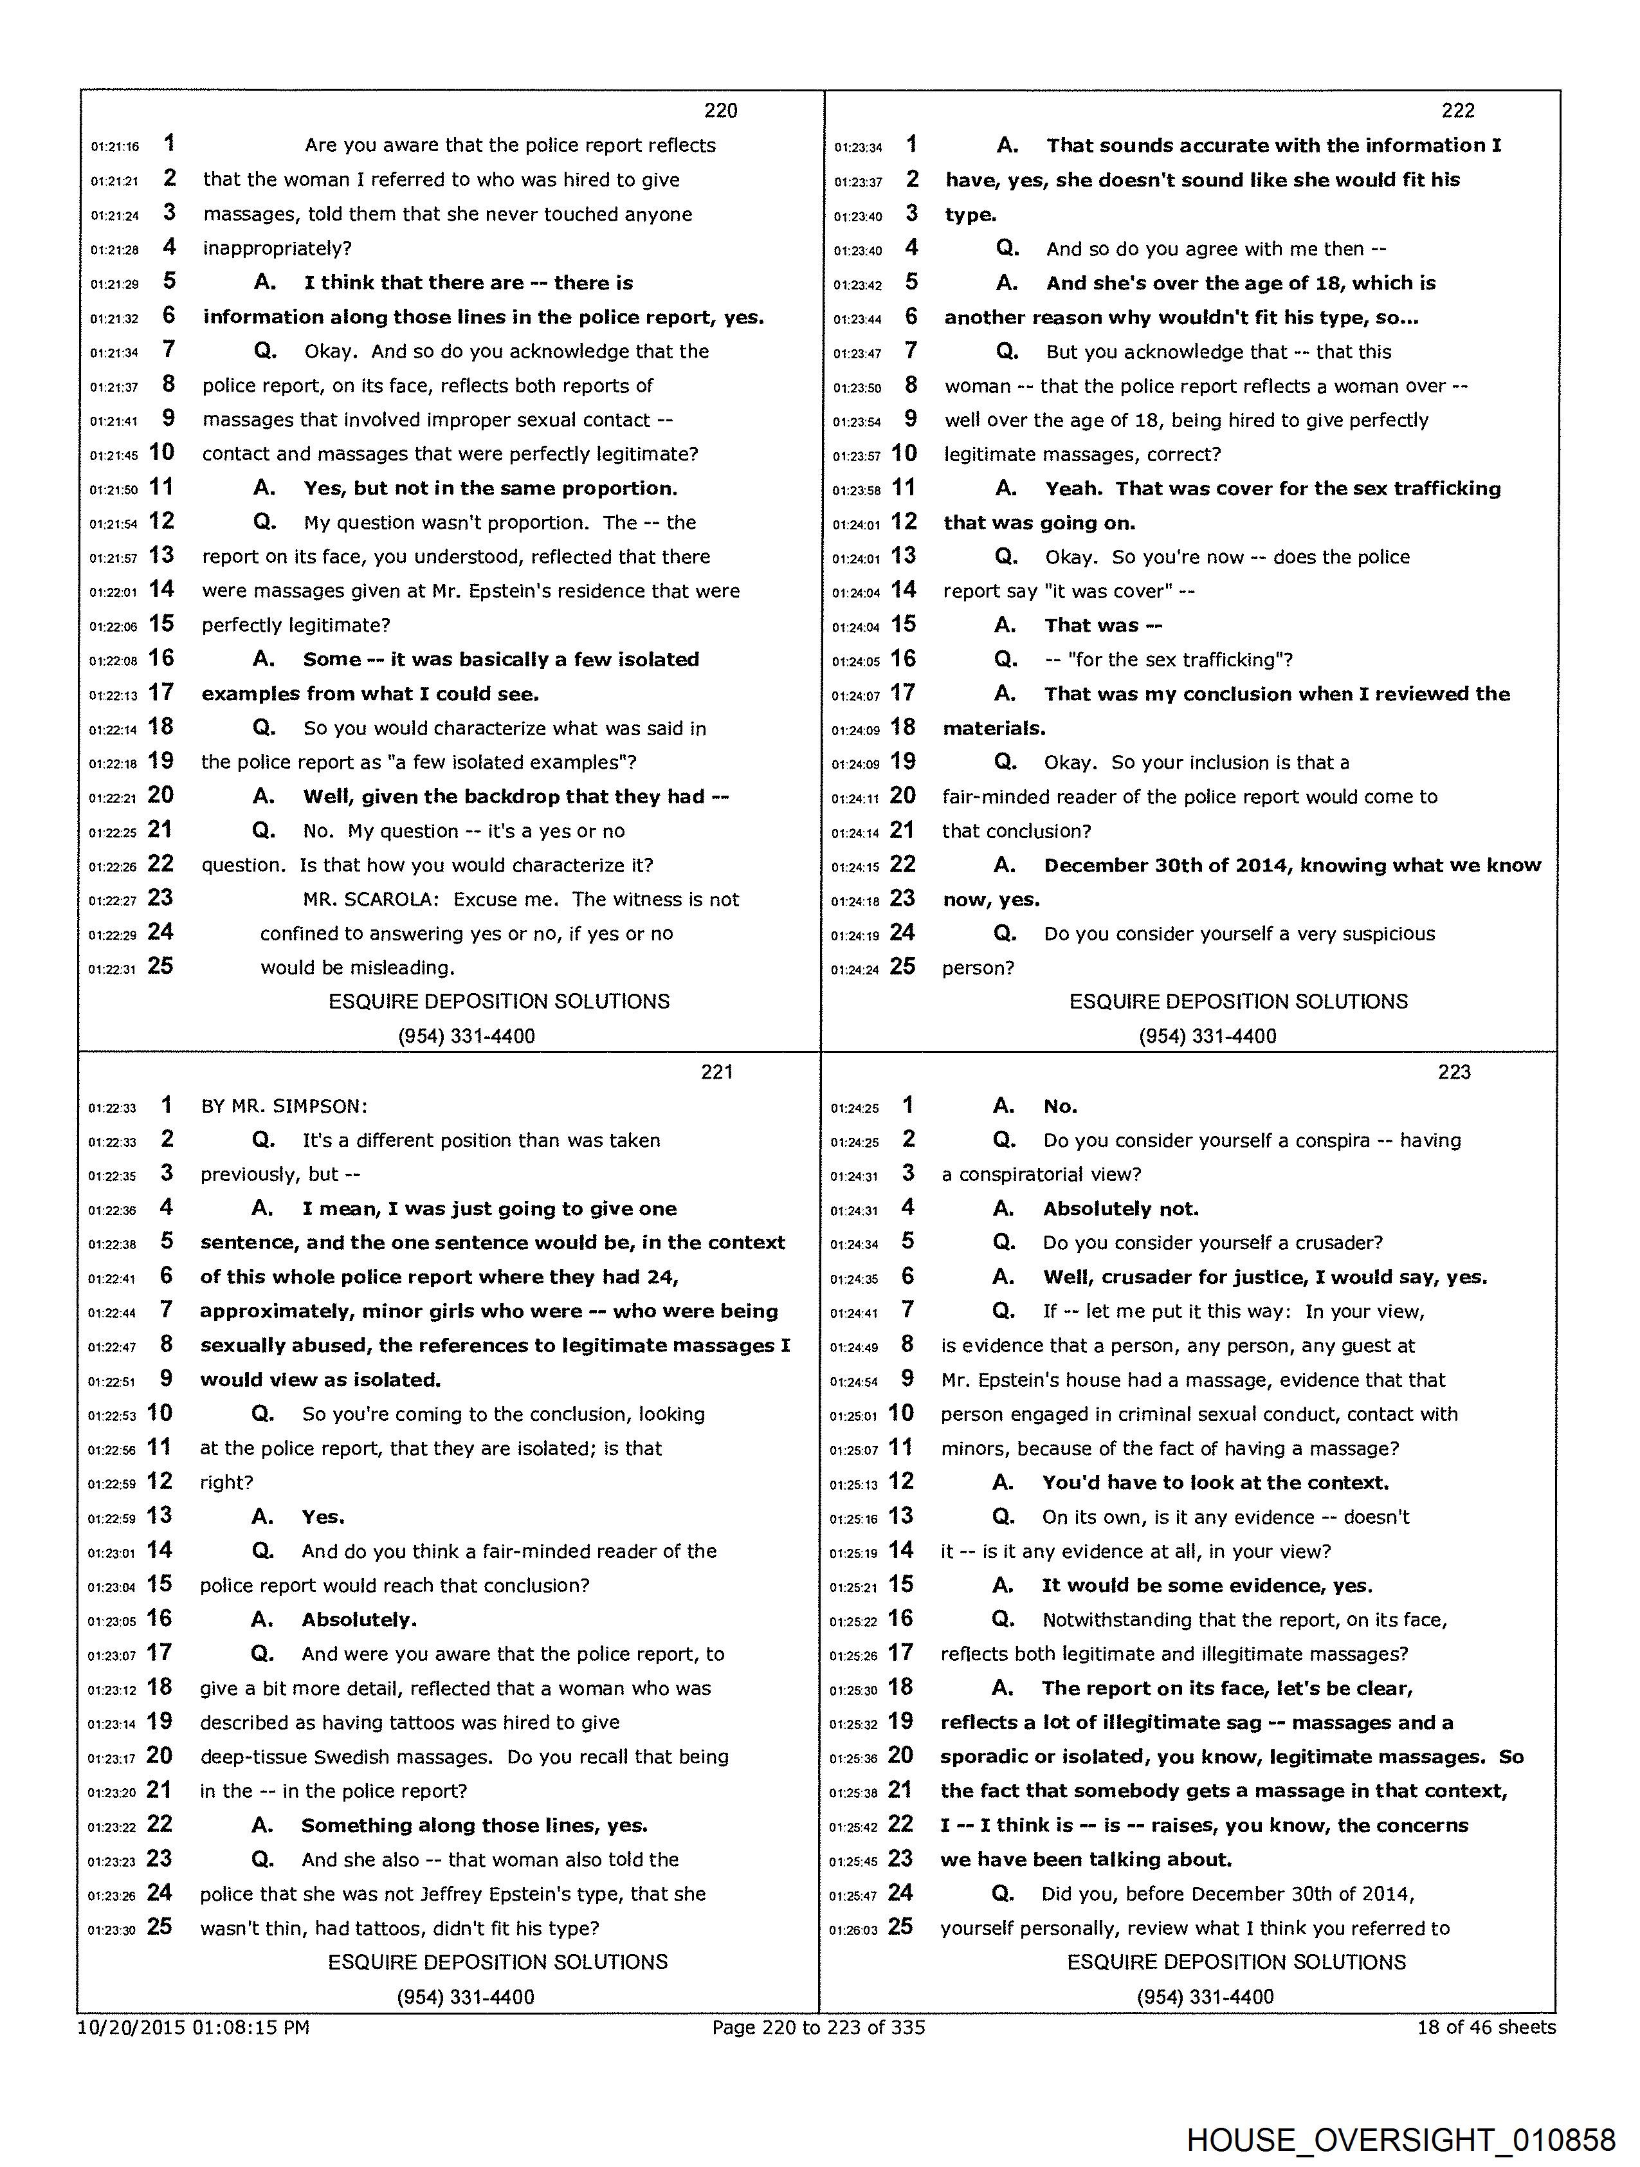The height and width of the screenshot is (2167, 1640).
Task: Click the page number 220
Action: coord(720,111)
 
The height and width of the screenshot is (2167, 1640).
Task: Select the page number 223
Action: coord(1454,1072)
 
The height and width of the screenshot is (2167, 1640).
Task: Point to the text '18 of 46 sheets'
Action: coord(1485,2027)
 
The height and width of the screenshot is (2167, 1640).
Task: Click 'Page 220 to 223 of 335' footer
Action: coord(818,2027)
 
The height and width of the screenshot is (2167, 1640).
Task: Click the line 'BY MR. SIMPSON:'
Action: coord(284,1106)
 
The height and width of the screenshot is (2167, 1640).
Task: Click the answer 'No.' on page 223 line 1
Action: coord(1060,1106)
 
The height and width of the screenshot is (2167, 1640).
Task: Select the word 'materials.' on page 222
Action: coord(994,728)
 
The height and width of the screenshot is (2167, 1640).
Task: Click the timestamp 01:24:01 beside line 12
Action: coord(857,524)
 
